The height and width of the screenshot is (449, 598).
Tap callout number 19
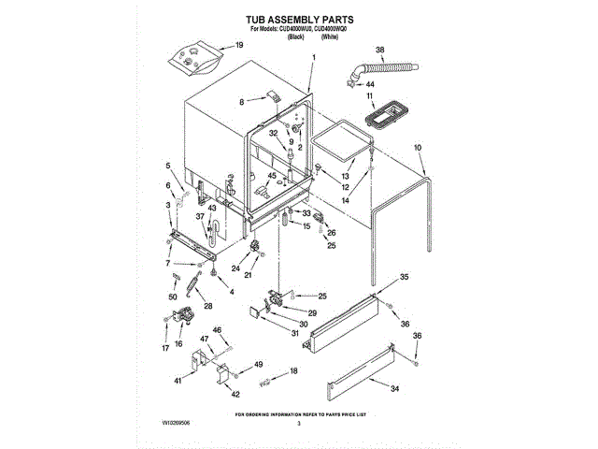click(x=237, y=45)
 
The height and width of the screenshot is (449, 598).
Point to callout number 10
click(x=417, y=147)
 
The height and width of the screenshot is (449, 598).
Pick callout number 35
click(x=405, y=277)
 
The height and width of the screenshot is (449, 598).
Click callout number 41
click(x=178, y=381)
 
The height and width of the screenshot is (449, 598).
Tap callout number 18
click(x=294, y=371)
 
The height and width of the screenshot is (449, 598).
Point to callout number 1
click(x=314, y=58)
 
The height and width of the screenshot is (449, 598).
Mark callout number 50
click(x=172, y=297)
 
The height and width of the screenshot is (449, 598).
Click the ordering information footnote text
click(x=299, y=413)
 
